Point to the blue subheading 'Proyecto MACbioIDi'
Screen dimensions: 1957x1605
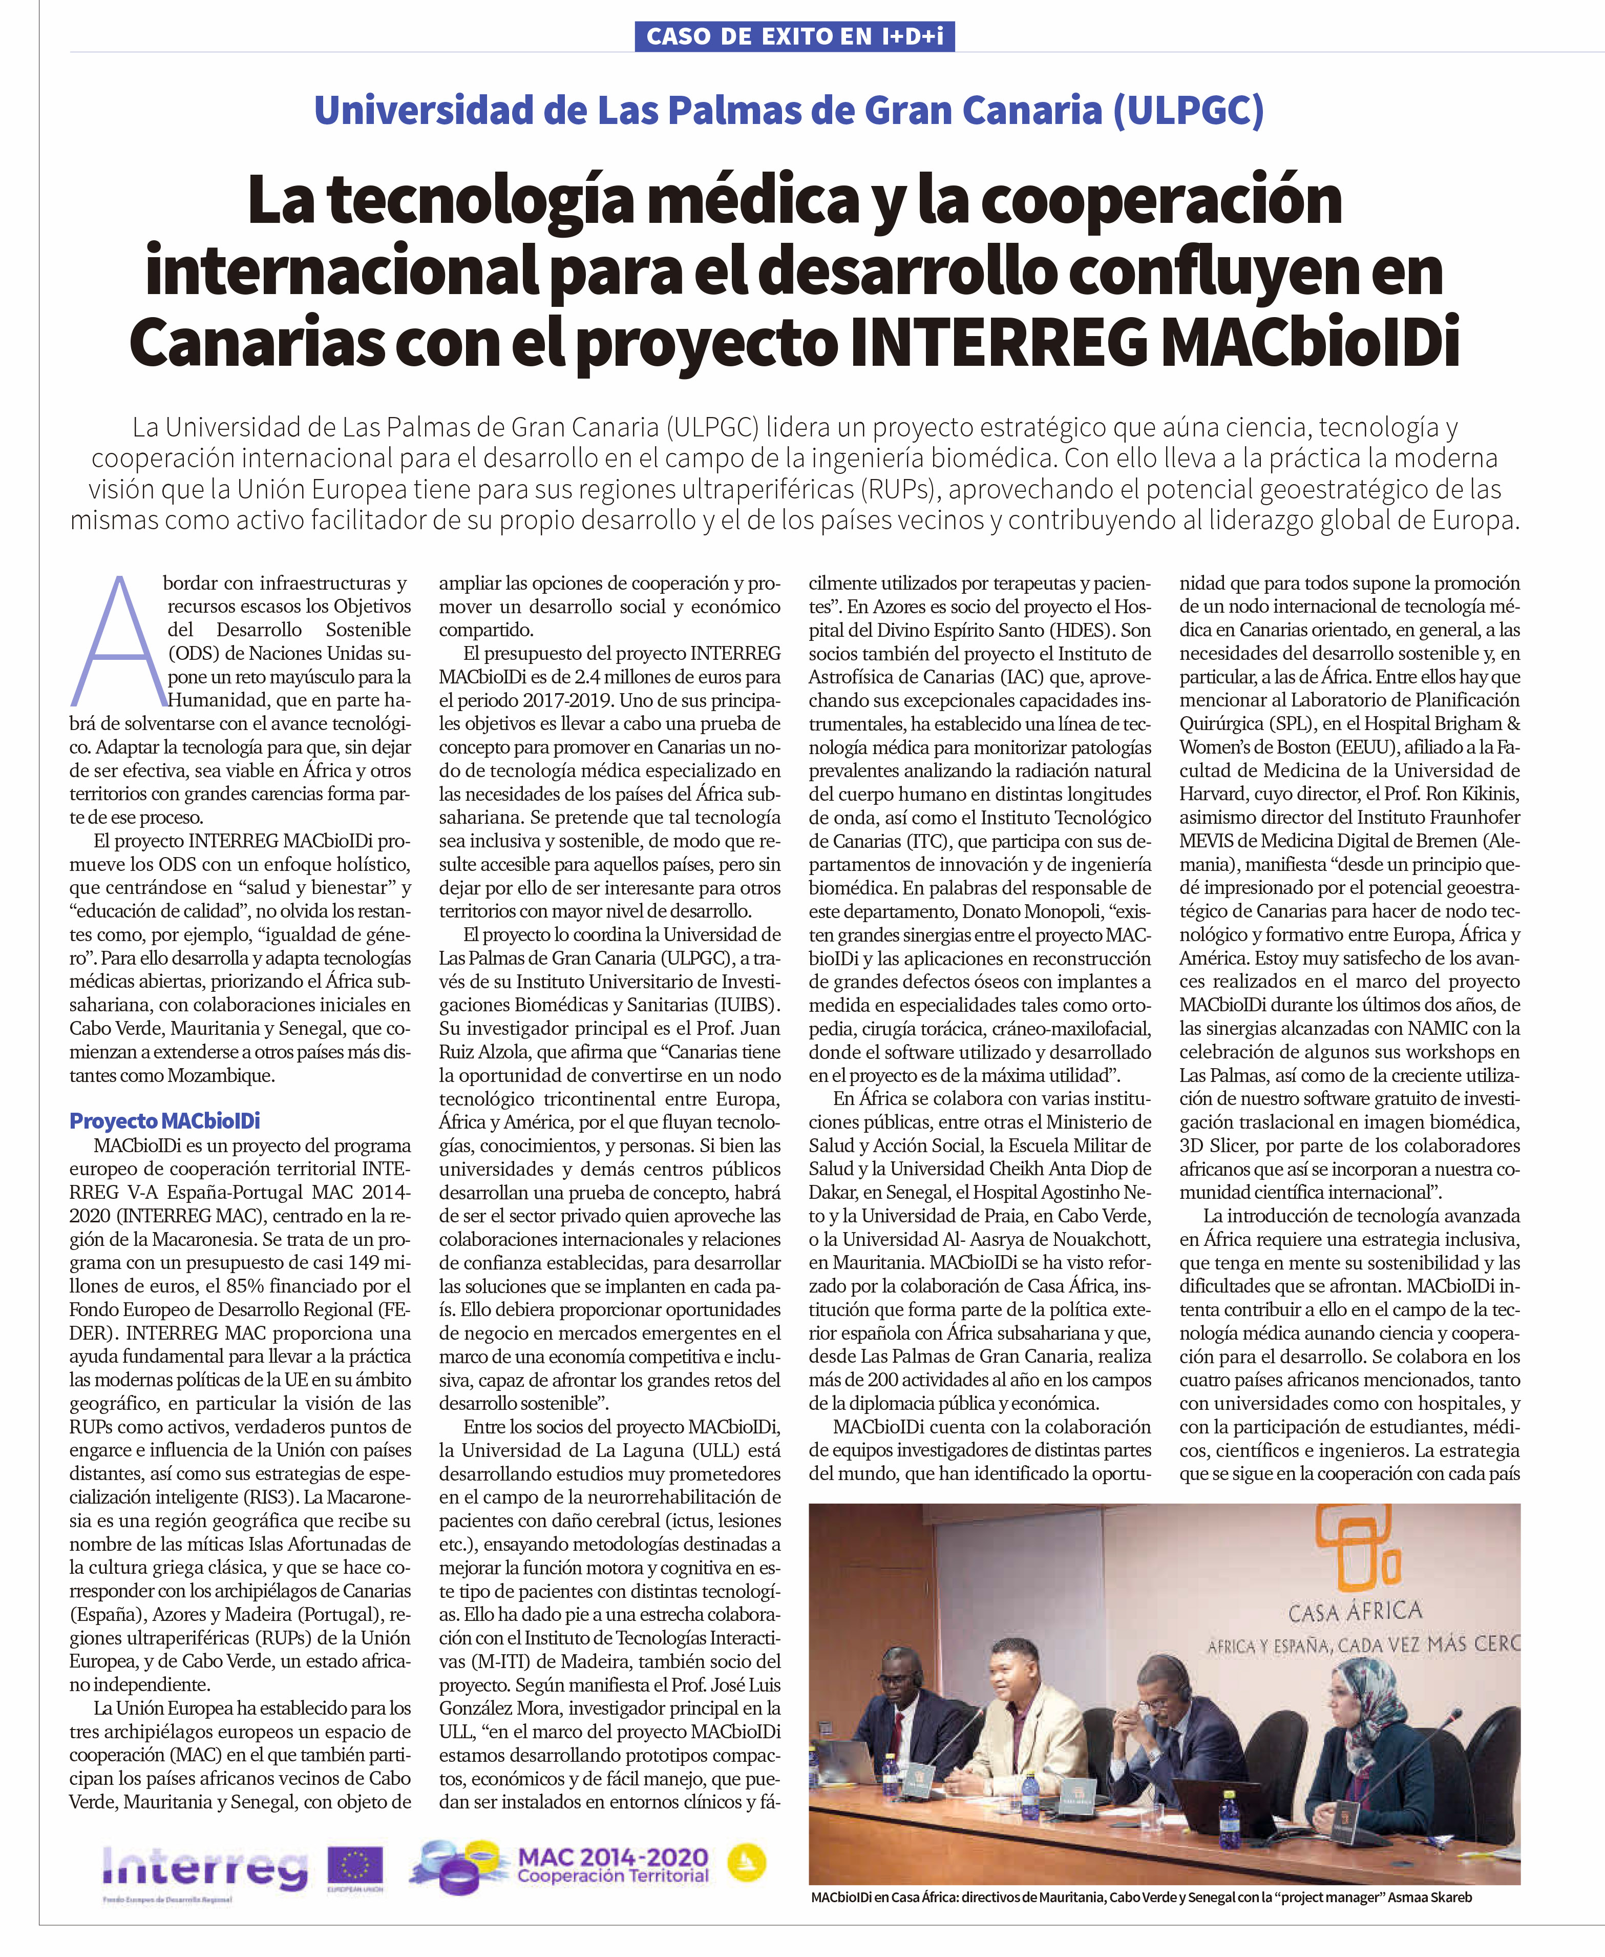[x=164, y=1121]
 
